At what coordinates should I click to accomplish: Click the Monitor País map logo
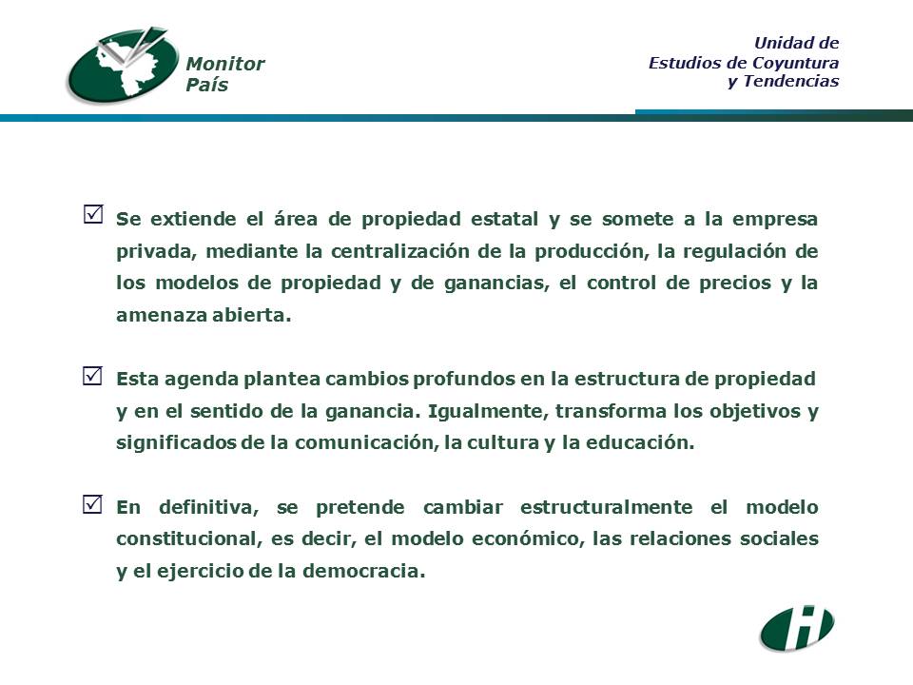pyautogui.click(x=124, y=65)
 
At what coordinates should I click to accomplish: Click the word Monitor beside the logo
pyautogui.click(x=225, y=64)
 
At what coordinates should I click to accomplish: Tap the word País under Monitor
pyautogui.click(x=207, y=85)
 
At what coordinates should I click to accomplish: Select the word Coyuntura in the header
pyautogui.click(x=796, y=63)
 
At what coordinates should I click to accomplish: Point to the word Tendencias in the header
pyautogui.click(x=791, y=81)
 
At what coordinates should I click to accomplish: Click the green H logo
pyautogui.click(x=797, y=628)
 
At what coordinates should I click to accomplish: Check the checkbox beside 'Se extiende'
pyautogui.click(x=93, y=214)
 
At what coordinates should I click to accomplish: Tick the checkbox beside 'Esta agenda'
pyautogui.click(x=93, y=376)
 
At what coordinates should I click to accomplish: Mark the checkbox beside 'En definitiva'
pyautogui.click(x=93, y=504)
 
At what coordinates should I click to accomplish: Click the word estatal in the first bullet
pyautogui.click(x=504, y=219)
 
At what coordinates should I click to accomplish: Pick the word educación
pyautogui.click(x=640, y=442)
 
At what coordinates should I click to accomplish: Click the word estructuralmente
pyautogui.click(x=606, y=507)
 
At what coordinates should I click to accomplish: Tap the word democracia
pyautogui.click(x=364, y=571)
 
